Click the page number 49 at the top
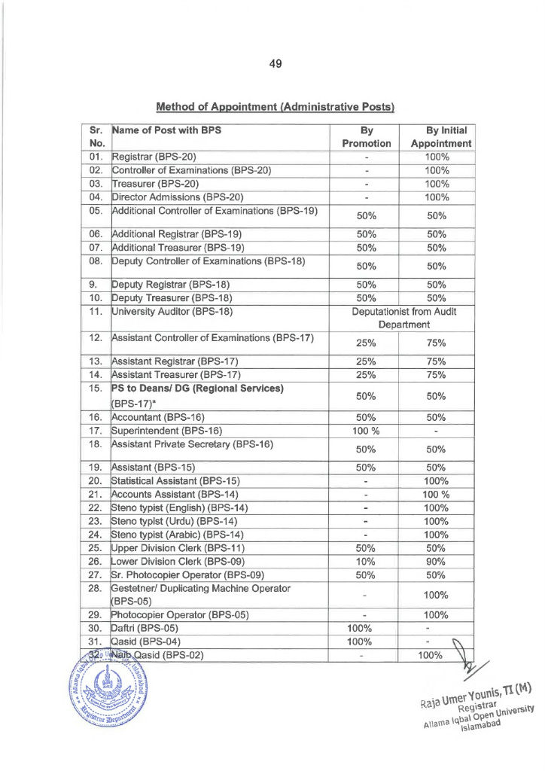274,64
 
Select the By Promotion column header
367,136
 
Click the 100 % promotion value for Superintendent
367,431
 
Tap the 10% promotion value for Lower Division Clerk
367,560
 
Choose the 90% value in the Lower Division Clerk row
437,560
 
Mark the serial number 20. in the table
96,480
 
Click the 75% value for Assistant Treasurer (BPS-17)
437,374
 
